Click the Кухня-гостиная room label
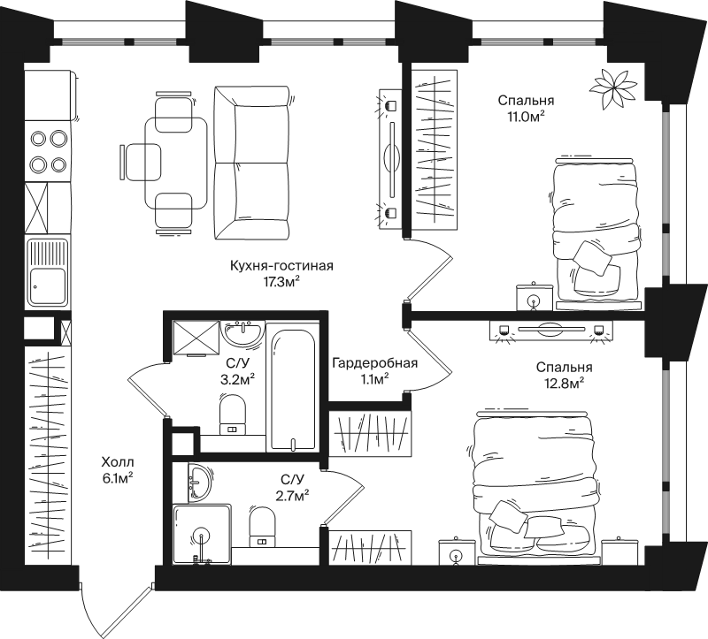(281, 266)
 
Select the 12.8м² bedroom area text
(565, 383)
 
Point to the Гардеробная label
(374, 363)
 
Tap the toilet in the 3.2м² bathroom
(233, 414)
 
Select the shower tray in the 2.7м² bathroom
(202, 534)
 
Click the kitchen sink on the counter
(48, 272)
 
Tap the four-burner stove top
(48, 151)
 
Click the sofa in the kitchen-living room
(251, 163)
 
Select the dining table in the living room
(175, 164)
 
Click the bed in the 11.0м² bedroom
(597, 233)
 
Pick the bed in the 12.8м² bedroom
(535, 487)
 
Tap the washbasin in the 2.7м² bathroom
(198, 482)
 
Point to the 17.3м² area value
(281, 282)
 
